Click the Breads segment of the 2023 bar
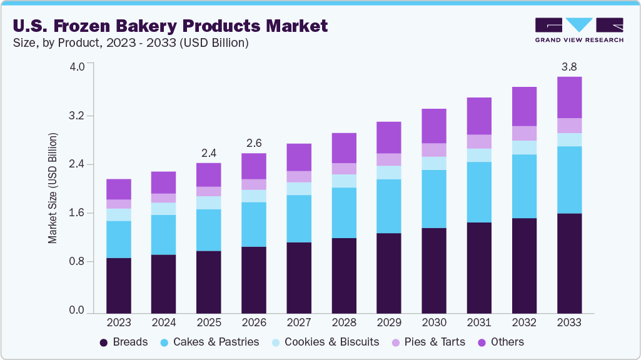(x=119, y=285)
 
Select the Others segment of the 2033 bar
(x=569, y=97)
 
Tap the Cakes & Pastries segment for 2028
(x=344, y=212)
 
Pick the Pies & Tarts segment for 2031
(x=479, y=141)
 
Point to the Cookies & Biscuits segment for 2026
(x=254, y=196)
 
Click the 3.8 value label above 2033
(x=569, y=66)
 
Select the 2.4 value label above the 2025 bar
(x=209, y=152)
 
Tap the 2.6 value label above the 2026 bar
(x=254, y=143)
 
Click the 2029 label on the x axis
(x=389, y=322)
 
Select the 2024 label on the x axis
(x=164, y=322)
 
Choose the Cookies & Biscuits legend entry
(x=325, y=342)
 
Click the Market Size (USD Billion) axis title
(x=53, y=188)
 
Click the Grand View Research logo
(x=578, y=30)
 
